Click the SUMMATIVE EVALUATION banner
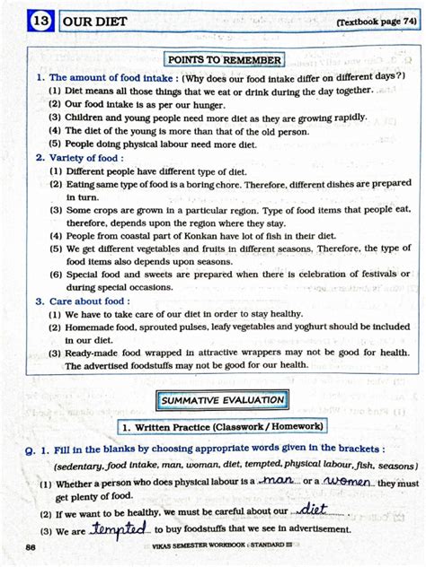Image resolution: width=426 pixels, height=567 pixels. [x=222, y=399]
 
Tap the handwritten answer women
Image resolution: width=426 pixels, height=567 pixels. [x=349, y=482]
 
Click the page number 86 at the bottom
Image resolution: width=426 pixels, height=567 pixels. [x=31, y=548]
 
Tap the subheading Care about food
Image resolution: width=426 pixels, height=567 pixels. [x=85, y=302]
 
